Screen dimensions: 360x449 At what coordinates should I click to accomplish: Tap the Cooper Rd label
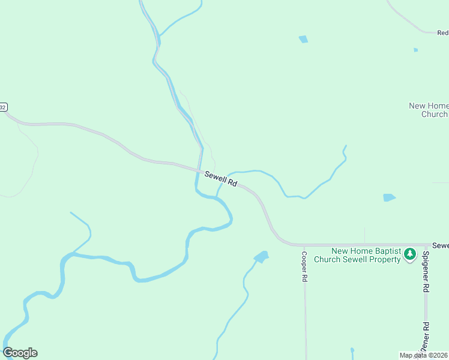304,266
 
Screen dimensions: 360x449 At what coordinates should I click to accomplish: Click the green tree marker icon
410,254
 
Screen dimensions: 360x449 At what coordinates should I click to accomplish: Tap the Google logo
20,353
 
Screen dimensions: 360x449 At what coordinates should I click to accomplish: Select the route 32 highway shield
3,107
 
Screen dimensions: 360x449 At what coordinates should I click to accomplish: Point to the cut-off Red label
442,33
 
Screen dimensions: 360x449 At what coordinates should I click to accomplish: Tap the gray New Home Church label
428,110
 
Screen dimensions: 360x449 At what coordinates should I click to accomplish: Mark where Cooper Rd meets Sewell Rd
304,245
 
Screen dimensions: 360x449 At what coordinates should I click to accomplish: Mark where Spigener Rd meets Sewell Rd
427,245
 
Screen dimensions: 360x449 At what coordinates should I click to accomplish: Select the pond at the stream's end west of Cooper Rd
262,257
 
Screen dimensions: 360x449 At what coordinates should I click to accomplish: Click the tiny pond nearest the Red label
415,50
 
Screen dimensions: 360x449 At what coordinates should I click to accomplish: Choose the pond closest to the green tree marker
389,197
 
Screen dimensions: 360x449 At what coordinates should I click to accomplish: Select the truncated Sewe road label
440,246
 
